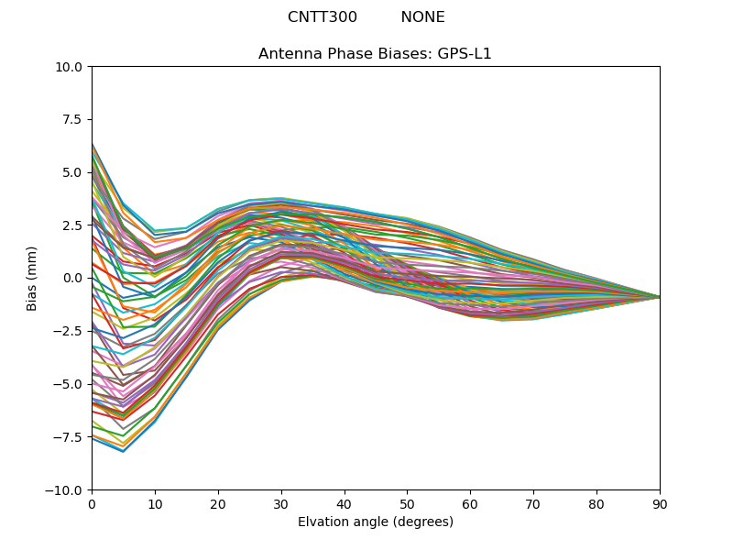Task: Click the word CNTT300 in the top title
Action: click(323, 17)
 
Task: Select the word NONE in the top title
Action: click(422, 17)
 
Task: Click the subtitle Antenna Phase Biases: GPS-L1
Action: click(375, 54)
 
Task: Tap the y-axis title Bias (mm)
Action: click(32, 278)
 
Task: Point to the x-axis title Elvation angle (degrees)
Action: click(375, 522)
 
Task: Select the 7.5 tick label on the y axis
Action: click(72, 119)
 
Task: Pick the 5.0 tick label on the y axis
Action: click(72, 172)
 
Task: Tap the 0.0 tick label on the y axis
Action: click(72, 278)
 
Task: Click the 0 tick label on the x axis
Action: click(92, 503)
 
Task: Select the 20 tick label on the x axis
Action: click(218, 503)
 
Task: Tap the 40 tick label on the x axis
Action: click(345, 503)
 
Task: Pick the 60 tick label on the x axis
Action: click(470, 503)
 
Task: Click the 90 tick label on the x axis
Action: click(660, 503)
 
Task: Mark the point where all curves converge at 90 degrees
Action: click(659, 297)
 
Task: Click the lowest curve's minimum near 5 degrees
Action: click(123, 451)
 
